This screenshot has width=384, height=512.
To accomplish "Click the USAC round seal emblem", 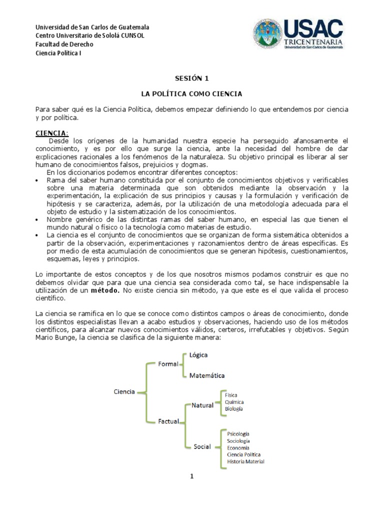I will (x=267, y=34).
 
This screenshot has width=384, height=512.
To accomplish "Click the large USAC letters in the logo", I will (x=313, y=28).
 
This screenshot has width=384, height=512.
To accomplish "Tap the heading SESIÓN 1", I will (x=191, y=78).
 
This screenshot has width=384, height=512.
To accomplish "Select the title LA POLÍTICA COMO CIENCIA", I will (x=191, y=93).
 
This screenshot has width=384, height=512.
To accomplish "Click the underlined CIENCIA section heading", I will (x=51, y=133).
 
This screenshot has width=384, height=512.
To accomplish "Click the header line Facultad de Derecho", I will (x=64, y=44).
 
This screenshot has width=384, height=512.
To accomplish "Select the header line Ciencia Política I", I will (x=58, y=53).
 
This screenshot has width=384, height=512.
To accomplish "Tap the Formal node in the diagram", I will (x=168, y=364).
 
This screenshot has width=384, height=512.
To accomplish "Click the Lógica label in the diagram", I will (x=198, y=354).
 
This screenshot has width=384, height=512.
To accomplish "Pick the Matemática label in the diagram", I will (x=206, y=375).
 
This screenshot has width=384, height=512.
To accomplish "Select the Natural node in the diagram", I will (x=202, y=405).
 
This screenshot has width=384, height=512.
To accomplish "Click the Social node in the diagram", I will (x=202, y=446).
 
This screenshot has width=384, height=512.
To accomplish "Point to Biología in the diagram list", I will (x=234, y=409).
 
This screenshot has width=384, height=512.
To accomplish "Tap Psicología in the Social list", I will (x=238, y=433).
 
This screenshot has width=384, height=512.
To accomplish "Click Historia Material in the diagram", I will (x=245, y=461).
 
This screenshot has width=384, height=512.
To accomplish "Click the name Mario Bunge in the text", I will (x=54, y=337).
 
